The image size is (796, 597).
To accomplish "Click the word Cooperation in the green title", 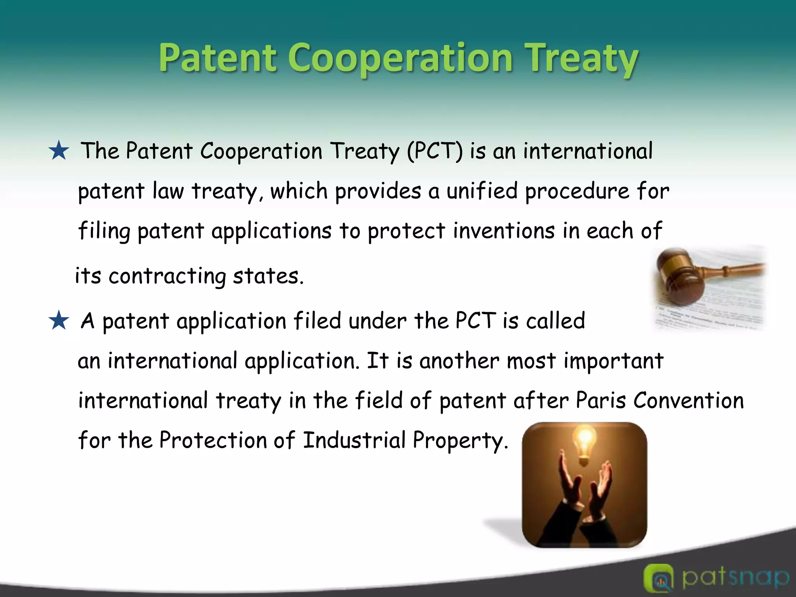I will (x=400, y=58).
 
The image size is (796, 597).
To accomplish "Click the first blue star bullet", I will (x=59, y=151).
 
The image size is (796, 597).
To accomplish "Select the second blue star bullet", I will (x=59, y=321).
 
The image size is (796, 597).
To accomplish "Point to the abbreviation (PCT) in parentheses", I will (x=435, y=151).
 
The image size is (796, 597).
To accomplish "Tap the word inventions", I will (x=504, y=230).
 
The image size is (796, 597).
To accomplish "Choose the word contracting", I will (x=167, y=276).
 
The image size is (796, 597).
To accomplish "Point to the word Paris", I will (x=600, y=400).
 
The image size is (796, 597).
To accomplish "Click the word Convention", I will (x=688, y=400).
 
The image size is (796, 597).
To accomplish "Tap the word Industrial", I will (x=354, y=440).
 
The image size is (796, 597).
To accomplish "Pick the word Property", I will (x=459, y=441).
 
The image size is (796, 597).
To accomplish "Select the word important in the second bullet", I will (x=613, y=361).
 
